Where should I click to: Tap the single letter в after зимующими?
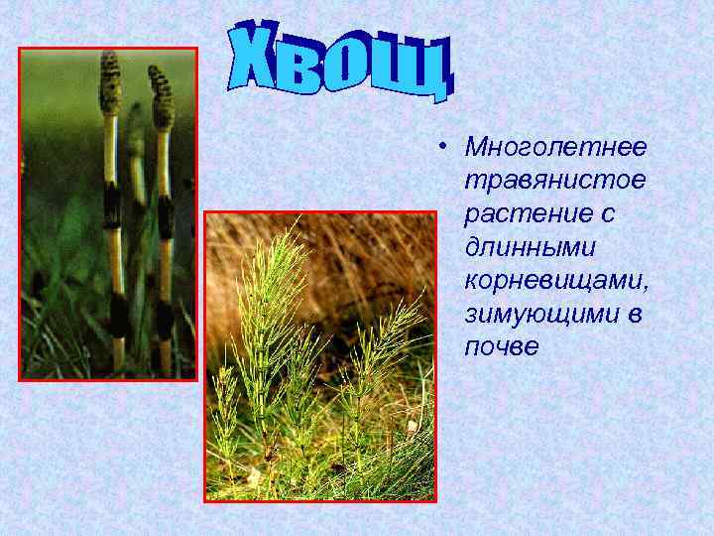click(632, 314)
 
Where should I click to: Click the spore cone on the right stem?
click(160, 98)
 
